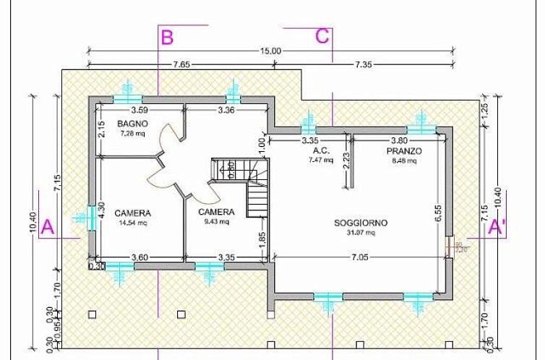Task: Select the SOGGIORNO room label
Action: point(360,223)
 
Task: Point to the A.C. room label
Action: point(322,151)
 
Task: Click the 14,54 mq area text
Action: point(132,223)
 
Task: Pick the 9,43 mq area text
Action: point(216,222)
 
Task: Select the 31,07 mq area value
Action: point(360,233)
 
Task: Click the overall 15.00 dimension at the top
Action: point(271,51)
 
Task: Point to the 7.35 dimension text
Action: point(363,65)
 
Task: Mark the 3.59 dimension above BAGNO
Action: point(139,111)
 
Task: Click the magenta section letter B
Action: point(167,37)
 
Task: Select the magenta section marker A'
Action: point(497,227)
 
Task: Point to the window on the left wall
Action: point(92,218)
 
